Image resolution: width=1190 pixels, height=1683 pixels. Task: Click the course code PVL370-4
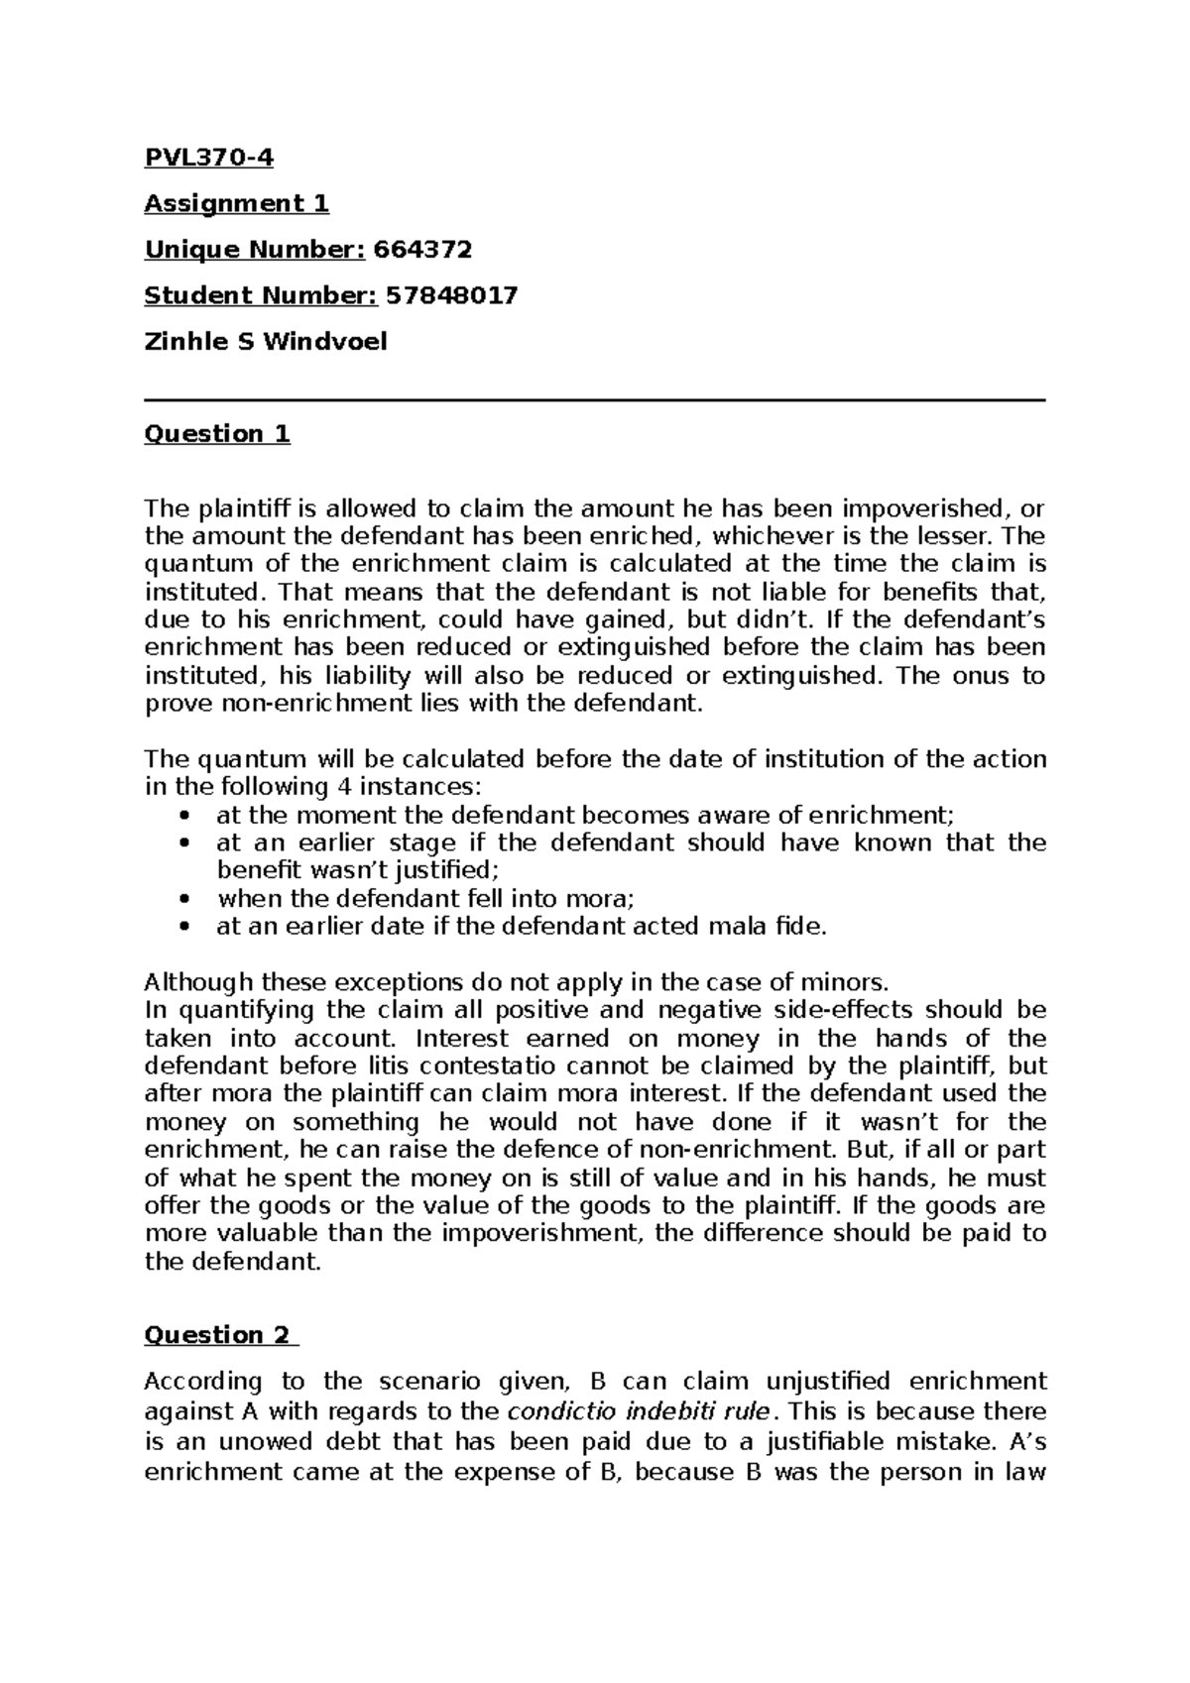click(x=209, y=157)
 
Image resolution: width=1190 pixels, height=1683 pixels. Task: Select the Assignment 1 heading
click(x=236, y=203)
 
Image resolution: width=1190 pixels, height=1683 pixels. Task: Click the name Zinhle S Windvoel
click(x=266, y=342)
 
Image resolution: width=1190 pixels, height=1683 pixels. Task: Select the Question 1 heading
click(x=217, y=433)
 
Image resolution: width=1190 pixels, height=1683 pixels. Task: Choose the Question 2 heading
click(x=219, y=1334)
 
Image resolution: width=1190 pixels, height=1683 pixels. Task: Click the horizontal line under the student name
click(x=595, y=400)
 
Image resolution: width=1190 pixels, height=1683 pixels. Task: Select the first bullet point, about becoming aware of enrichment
click(x=585, y=815)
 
